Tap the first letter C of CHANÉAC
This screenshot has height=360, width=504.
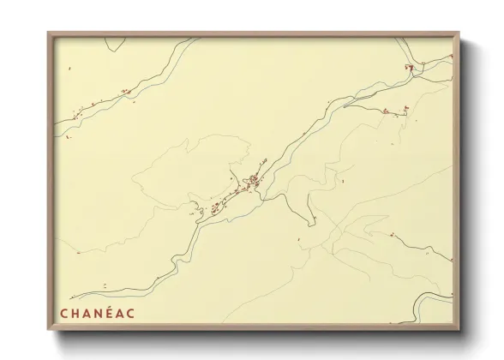[x=63, y=314]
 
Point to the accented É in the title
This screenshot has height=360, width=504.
[x=108, y=314]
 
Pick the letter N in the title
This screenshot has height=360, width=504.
[x=97, y=314]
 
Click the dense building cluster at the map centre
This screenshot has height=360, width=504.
[x=253, y=181]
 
